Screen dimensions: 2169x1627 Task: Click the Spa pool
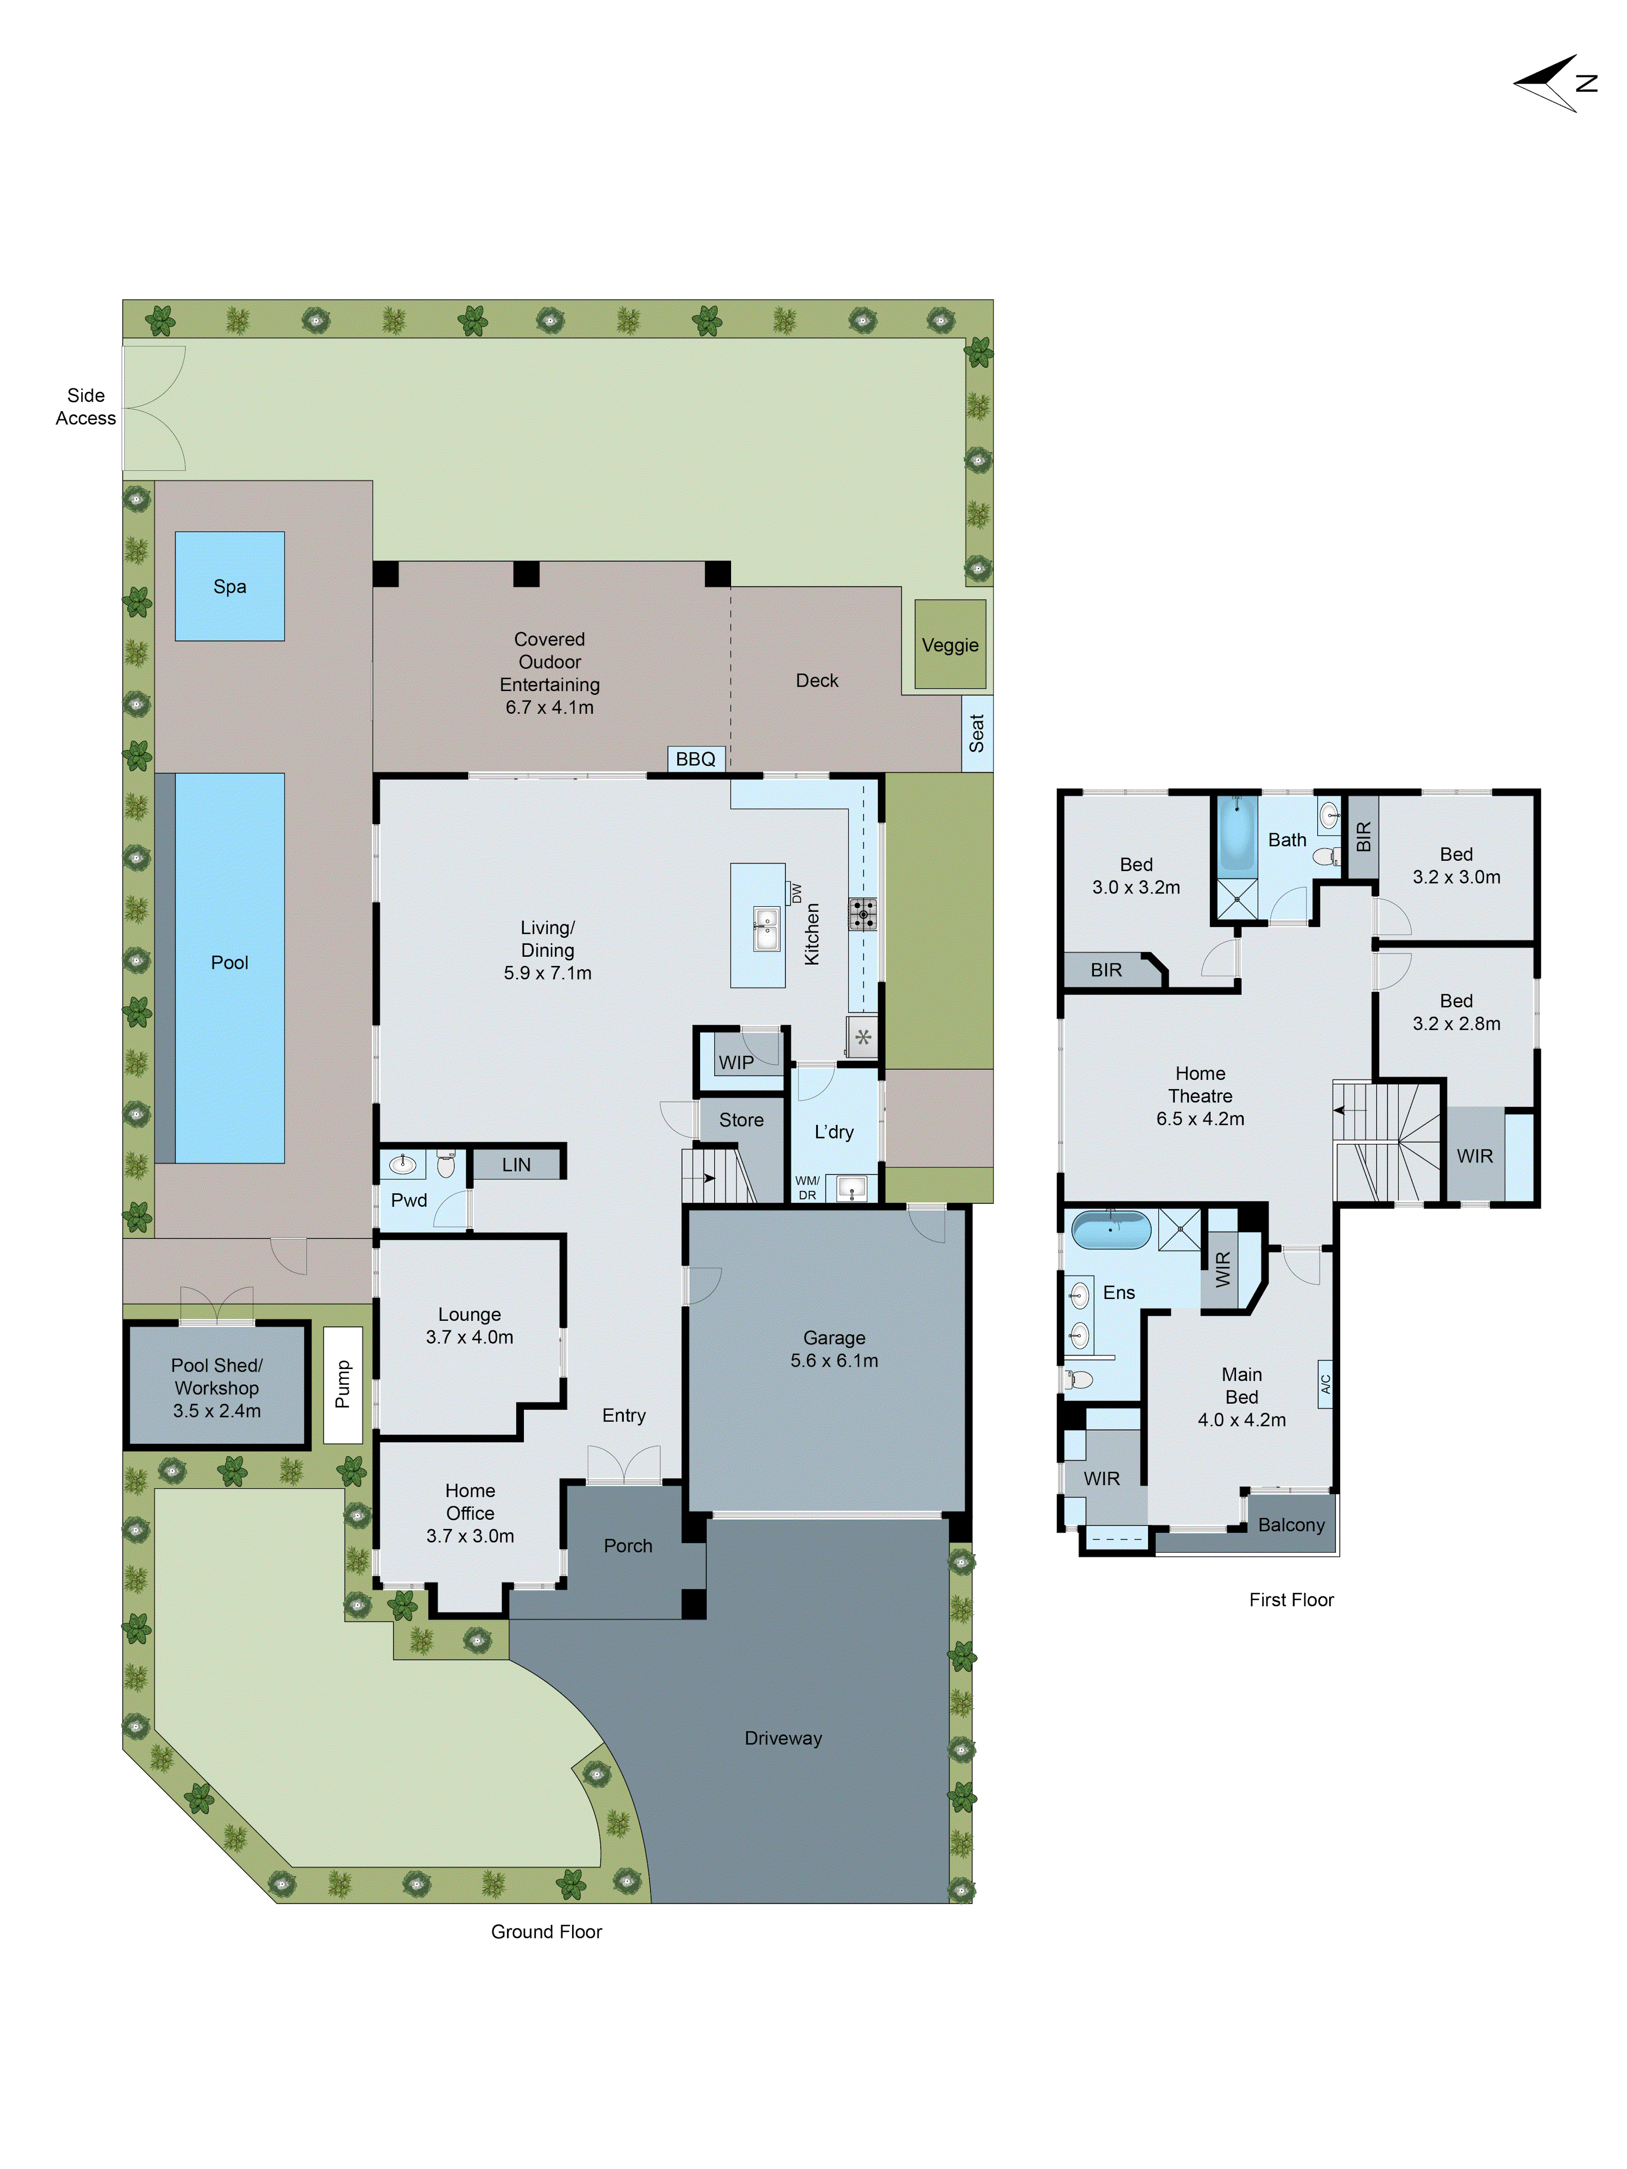coord(229,586)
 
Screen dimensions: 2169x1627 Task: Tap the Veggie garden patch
coord(949,644)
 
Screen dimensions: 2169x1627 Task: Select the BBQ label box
coord(695,759)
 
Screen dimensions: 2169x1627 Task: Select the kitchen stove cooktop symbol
coord(862,914)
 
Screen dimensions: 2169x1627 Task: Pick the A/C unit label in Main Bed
coord(1325,1384)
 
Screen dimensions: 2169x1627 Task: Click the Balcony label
coord(1291,1525)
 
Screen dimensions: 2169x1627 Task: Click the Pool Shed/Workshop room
coord(217,1387)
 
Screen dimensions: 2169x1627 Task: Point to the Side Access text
coord(85,407)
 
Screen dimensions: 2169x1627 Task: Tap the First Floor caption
coord(1291,1599)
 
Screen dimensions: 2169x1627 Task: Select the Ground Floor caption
coord(546,1931)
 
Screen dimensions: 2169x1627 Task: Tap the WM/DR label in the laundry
coord(807,1187)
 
